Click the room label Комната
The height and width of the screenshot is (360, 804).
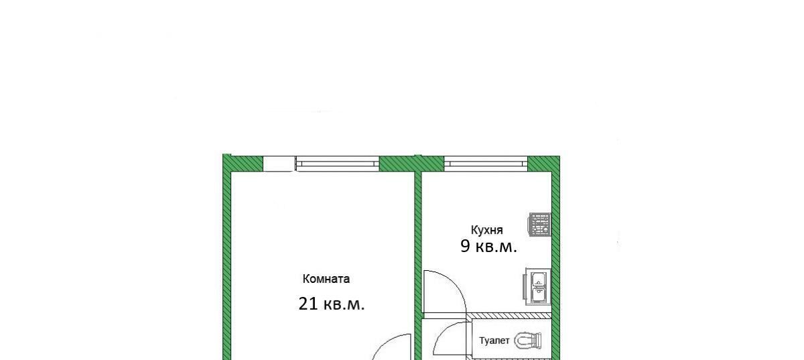(326, 279)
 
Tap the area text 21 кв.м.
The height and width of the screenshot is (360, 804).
(331, 304)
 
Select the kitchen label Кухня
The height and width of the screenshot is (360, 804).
(486, 230)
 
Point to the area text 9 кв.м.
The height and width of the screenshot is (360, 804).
(488, 247)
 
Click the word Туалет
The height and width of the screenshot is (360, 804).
(494, 341)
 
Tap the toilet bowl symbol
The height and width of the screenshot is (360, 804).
(527, 341)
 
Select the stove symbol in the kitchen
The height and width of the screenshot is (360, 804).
(539, 224)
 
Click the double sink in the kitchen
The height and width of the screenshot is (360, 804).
(537, 287)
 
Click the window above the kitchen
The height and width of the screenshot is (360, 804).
(486, 164)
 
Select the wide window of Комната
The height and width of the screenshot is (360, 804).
(338, 164)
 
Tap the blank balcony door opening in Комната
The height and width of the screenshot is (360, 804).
(279, 164)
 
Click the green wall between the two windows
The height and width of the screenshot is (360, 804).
(411, 164)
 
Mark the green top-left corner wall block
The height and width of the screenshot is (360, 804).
(243, 163)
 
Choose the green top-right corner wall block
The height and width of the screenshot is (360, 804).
(544, 164)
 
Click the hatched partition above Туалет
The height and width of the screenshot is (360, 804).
(511, 316)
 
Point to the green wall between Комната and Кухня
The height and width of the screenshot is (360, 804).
(418, 266)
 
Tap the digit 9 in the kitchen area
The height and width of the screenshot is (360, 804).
(465, 247)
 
